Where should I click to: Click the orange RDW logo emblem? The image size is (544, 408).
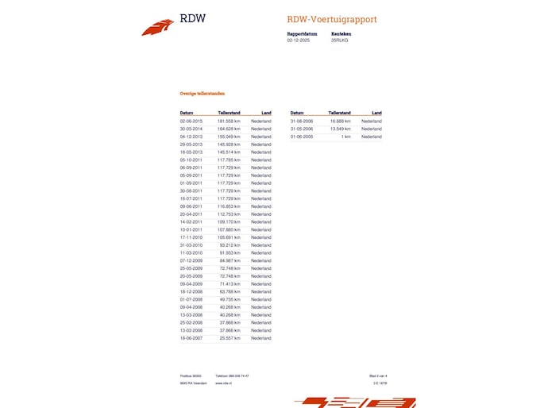tap(157, 28)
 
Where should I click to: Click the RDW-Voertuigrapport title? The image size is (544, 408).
tap(332, 20)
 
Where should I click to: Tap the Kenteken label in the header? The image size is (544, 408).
tap(341, 34)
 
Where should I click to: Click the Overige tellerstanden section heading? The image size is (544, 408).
tap(202, 94)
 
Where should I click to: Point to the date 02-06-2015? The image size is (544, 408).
tap(191, 121)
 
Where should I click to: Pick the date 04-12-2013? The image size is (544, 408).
tap(191, 137)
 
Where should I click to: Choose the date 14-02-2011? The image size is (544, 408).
tap(191, 221)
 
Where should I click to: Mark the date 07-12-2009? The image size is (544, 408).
tap(191, 260)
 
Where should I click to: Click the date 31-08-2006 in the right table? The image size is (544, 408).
tap(302, 121)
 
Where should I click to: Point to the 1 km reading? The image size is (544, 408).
tap(345, 137)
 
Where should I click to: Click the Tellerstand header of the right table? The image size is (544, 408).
tap(339, 113)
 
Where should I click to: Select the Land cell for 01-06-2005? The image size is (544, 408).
tap(371, 137)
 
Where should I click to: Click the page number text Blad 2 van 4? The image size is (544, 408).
tap(377, 375)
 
